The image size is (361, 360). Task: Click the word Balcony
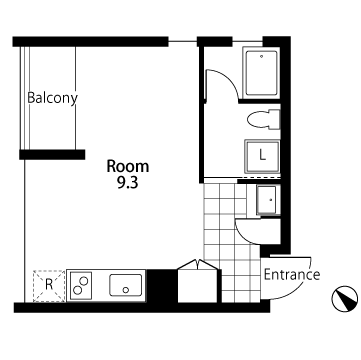tap(52, 98)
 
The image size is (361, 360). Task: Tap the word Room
tap(128, 166)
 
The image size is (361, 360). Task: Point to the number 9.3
tap(128, 183)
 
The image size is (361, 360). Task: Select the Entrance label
tap(292, 275)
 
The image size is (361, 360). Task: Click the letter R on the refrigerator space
tap(49, 285)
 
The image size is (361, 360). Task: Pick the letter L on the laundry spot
tap(263, 155)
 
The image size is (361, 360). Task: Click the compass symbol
tap(345, 299)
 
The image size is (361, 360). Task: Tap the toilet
tap(264, 120)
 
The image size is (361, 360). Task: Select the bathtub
tap(262, 73)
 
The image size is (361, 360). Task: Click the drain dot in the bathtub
tap(262, 56)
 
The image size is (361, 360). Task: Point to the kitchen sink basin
tap(125, 285)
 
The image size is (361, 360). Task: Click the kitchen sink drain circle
tap(126, 290)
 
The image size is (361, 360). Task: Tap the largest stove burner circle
tap(84, 281)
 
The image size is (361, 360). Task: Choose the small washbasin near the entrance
tap(267, 200)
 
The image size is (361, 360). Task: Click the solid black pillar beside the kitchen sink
tap(162, 286)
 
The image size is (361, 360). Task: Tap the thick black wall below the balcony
tap(52, 155)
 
